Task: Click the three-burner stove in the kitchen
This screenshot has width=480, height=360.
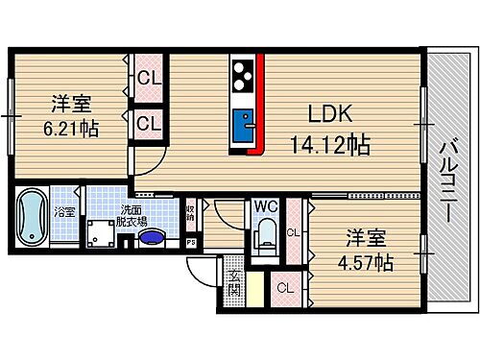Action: pyautogui.click(x=241, y=73)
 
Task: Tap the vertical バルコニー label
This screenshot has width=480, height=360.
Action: pyautogui.click(x=446, y=182)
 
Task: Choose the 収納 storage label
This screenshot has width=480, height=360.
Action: pyautogui.click(x=192, y=211)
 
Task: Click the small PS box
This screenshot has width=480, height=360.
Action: pyautogui.click(x=191, y=242)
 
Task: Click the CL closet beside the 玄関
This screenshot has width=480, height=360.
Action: pyautogui.click(x=283, y=287)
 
